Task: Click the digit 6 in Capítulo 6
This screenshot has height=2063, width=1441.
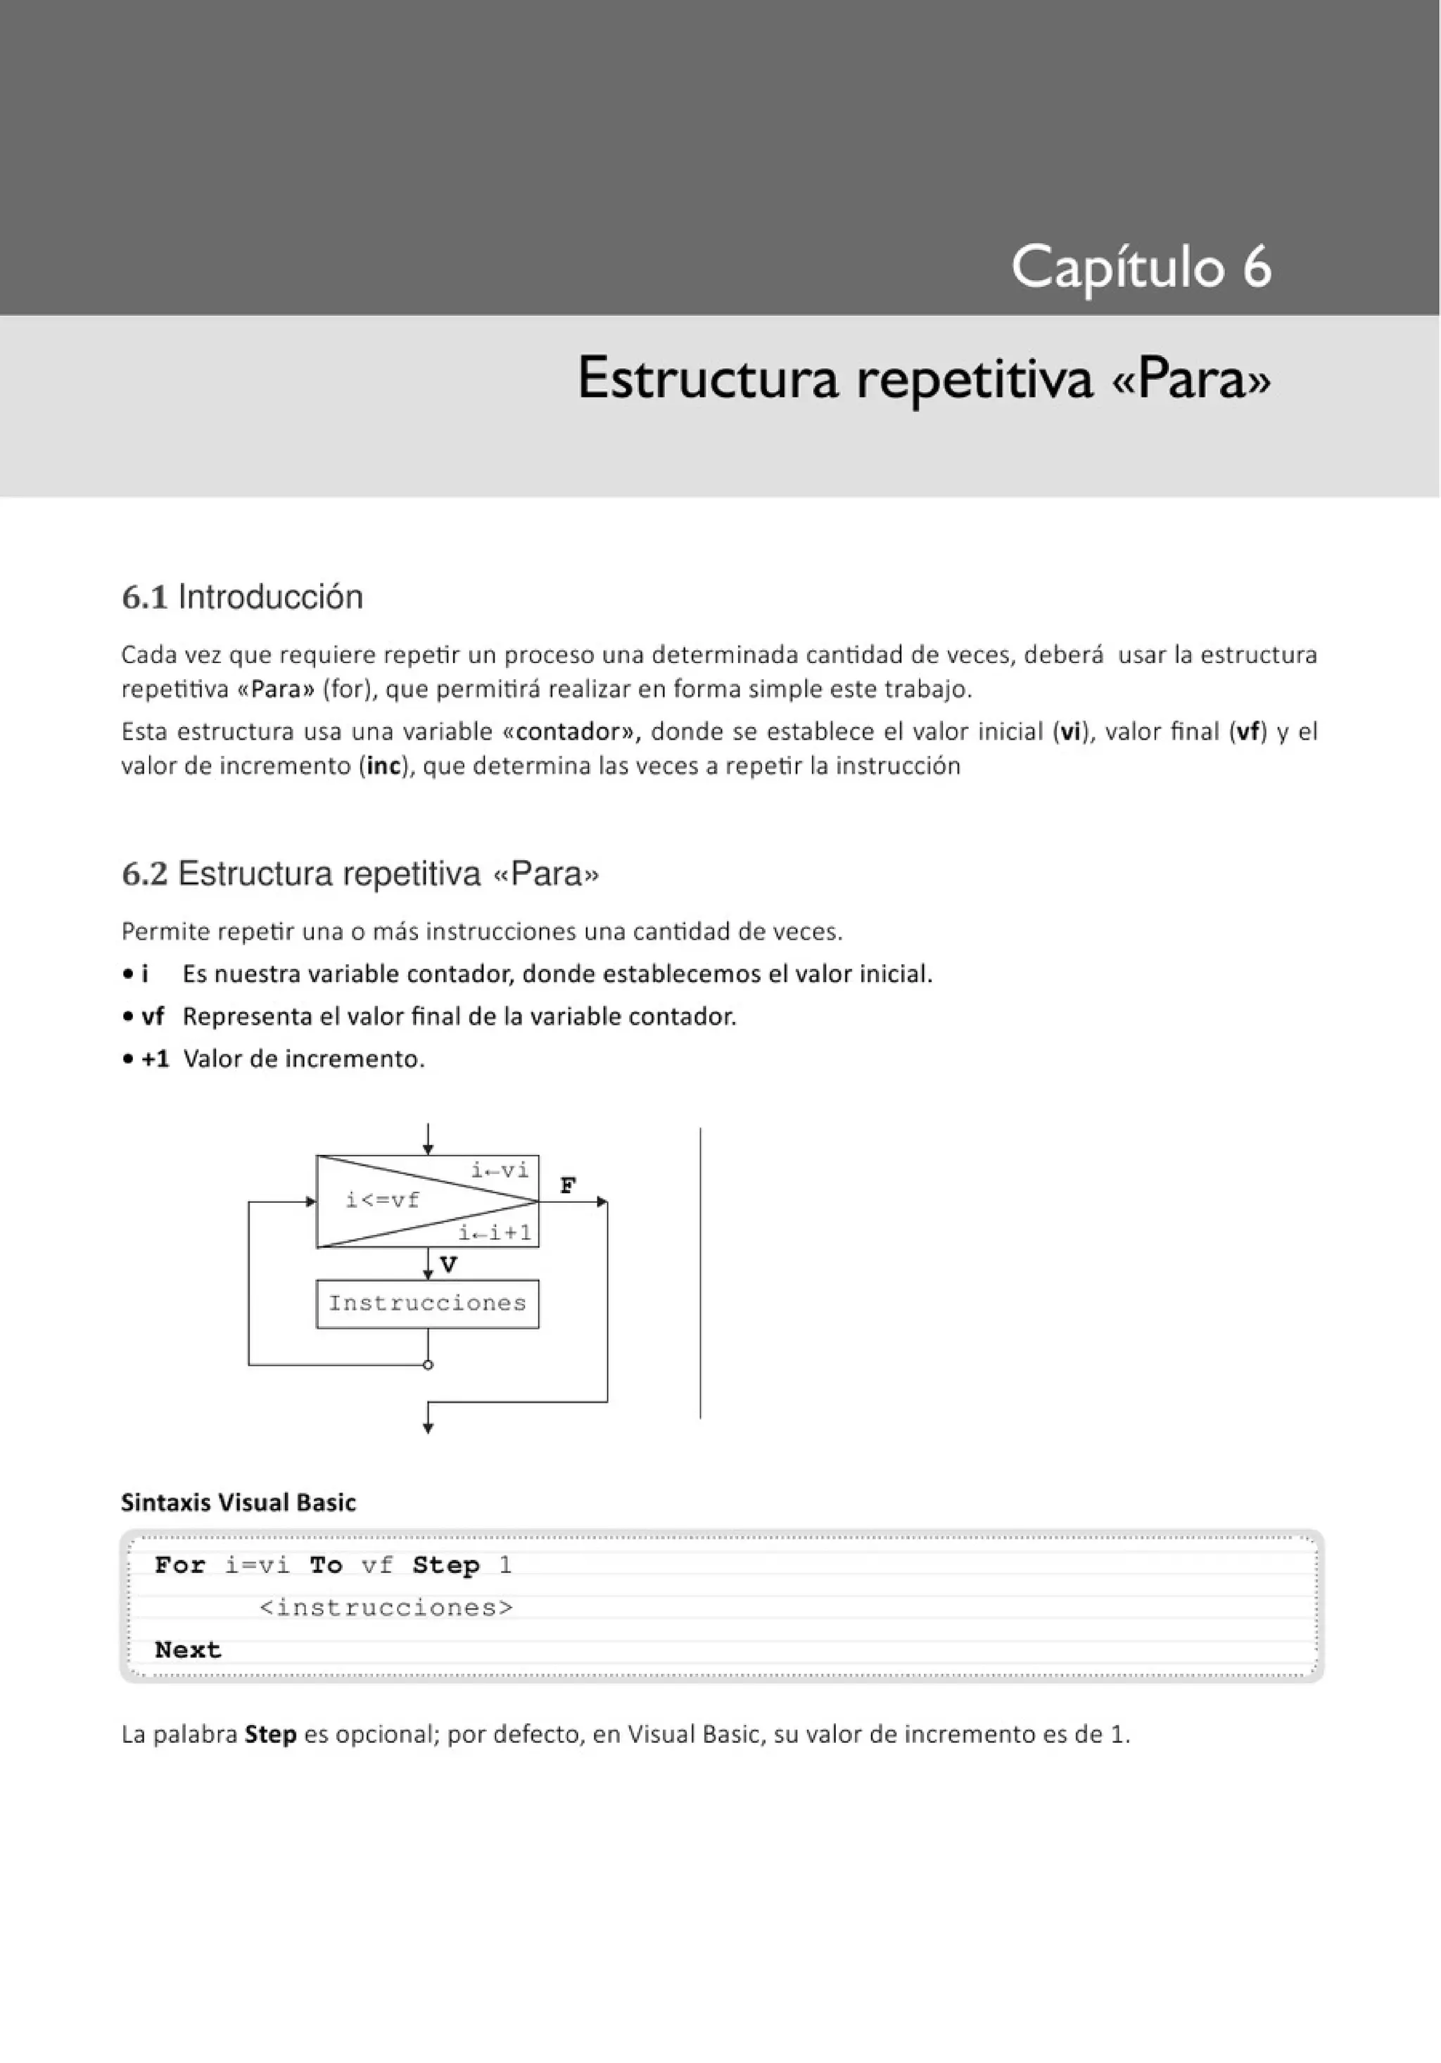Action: click(x=1257, y=267)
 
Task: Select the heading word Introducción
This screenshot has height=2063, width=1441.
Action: click(x=270, y=598)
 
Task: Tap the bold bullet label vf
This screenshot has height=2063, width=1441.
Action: click(x=153, y=1016)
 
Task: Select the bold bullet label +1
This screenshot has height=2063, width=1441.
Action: click(x=155, y=1059)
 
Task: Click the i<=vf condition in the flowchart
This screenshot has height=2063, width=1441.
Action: click(x=383, y=1200)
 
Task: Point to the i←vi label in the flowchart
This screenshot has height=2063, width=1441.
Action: click(x=500, y=1170)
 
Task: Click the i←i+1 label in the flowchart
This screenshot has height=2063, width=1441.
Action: click(x=495, y=1232)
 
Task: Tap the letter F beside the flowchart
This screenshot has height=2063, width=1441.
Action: click(x=568, y=1185)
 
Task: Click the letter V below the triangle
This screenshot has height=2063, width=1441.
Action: click(x=448, y=1265)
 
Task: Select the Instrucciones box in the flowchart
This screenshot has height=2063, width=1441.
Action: click(x=428, y=1304)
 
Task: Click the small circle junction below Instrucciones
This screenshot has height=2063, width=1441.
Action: click(x=428, y=1365)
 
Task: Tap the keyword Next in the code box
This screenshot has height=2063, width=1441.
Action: click(x=188, y=1651)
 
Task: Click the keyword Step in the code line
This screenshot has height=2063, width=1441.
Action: click(x=445, y=1565)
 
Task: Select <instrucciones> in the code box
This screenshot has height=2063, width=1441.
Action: click(x=386, y=1608)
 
